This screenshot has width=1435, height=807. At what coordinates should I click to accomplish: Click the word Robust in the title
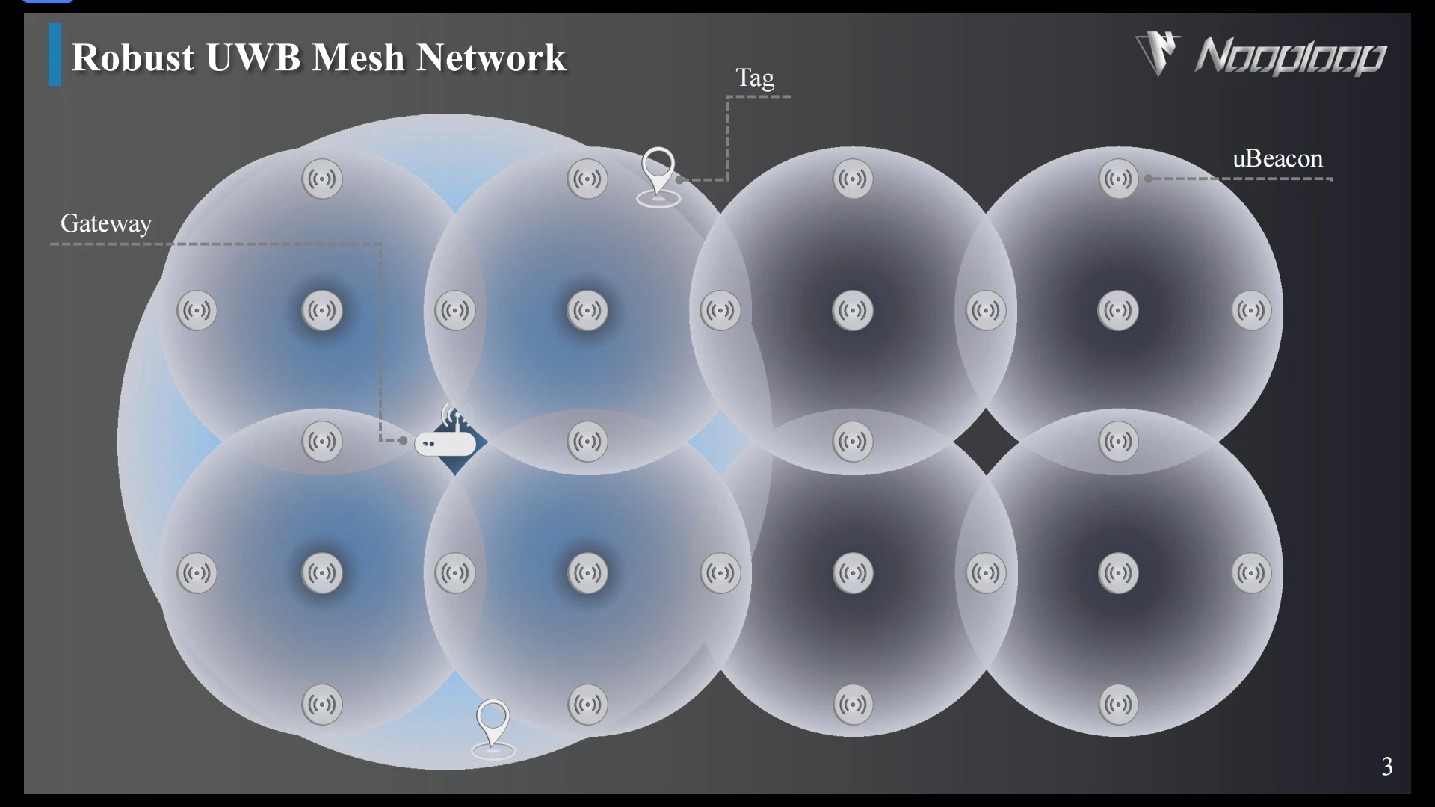coord(133,58)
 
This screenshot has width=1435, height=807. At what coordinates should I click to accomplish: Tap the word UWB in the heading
coord(253,58)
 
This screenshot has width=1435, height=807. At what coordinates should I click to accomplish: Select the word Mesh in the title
coord(358,58)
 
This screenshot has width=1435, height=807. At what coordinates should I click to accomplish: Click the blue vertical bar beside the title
coord(55,55)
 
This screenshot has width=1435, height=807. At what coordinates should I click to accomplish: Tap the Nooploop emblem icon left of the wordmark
coord(1158,53)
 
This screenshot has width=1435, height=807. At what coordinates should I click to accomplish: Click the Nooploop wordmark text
coord(1291,57)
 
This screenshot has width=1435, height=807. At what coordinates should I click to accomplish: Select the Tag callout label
coord(755,78)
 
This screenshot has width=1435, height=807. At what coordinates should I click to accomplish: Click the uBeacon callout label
coord(1277,158)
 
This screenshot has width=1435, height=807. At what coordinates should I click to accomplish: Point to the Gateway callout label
coord(106,223)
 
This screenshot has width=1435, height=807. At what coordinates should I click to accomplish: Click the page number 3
coord(1387,766)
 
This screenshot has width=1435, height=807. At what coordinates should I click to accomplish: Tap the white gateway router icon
coord(445,444)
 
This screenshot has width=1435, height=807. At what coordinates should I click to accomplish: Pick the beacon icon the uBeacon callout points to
coord(1118,179)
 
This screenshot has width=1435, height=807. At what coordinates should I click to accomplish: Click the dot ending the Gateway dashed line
coord(403,441)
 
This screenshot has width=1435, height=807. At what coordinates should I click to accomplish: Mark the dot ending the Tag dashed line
coord(679,179)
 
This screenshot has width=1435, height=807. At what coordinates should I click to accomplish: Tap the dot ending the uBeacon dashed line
coord(1149,179)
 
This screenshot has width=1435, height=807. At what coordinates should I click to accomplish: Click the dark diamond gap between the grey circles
coord(985,442)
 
